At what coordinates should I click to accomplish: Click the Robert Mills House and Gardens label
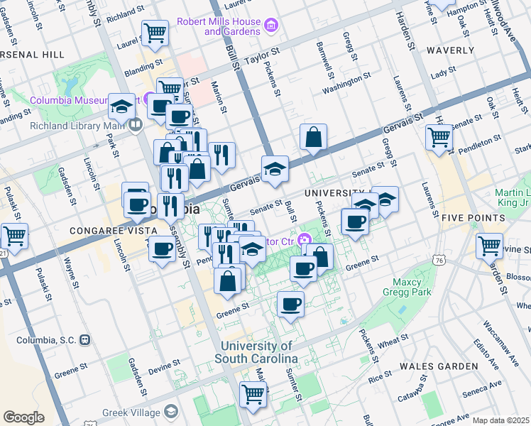222,26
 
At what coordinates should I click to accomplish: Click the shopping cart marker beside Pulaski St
14,236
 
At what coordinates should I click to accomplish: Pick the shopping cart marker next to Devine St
489,246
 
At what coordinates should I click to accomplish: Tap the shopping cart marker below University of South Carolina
253,394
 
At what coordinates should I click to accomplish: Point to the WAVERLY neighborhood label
450,50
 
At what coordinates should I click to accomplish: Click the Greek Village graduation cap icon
171,411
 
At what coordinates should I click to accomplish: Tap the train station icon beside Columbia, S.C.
85,339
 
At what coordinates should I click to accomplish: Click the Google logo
23,417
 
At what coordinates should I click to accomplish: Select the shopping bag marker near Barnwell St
313,138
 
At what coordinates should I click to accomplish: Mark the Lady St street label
442,72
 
